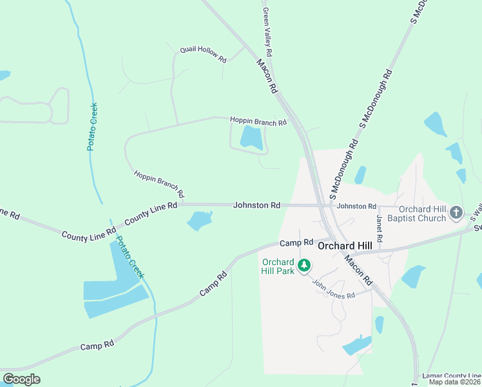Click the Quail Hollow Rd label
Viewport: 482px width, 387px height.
[x=203, y=54]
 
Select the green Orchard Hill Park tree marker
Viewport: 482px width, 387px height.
[x=304, y=265]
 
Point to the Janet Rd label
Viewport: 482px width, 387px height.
[x=380, y=228]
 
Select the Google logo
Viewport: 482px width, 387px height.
[x=21, y=379]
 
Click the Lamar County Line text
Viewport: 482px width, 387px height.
[x=451, y=375]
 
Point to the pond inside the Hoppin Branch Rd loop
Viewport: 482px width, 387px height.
[x=251, y=137]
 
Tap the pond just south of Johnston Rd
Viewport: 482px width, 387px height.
[x=199, y=221]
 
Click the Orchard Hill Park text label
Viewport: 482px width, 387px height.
[x=278, y=266]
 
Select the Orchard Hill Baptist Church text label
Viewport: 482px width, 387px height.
[x=422, y=213]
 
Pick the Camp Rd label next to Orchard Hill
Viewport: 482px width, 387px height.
[x=296, y=243]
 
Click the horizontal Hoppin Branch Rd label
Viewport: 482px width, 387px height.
[x=258, y=121]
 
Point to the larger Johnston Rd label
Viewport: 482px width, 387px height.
[x=256, y=205]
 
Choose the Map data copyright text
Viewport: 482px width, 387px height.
[x=455, y=382]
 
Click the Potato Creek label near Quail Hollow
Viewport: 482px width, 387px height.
[x=92, y=126]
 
